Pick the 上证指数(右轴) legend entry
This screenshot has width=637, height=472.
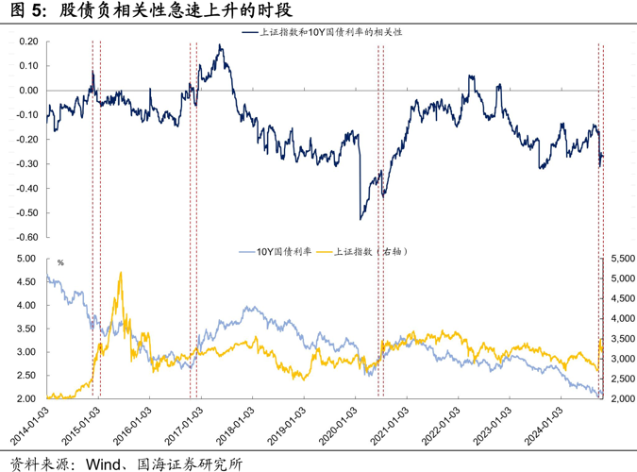tap(368, 252)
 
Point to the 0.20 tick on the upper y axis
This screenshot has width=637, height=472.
tap(26, 42)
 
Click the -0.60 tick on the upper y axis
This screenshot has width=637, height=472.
tap(25, 237)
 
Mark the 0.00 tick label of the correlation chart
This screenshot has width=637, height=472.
tap(26, 91)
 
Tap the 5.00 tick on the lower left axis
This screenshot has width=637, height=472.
tap(26, 259)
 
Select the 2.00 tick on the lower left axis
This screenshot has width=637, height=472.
tap(26, 398)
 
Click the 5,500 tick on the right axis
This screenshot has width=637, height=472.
tap(621, 259)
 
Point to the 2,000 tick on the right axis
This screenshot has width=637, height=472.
tap(621, 398)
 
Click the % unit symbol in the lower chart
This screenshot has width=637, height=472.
tap(59, 263)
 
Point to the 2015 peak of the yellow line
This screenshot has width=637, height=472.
tap(120, 273)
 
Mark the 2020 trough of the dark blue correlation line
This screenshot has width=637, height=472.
tap(361, 218)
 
